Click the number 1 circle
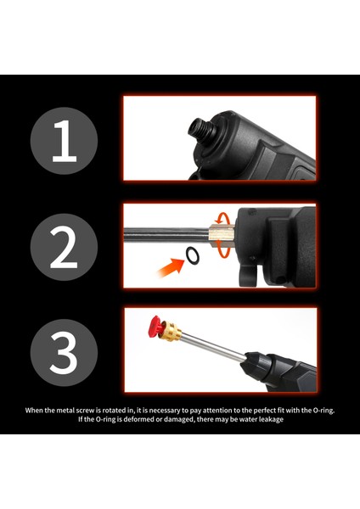[64, 141]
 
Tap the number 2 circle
[64, 247]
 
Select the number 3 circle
[64, 353]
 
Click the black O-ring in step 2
[193, 255]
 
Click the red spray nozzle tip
[155, 327]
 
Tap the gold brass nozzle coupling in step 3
[171, 331]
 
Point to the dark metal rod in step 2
[166, 234]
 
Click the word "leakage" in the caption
[271, 419]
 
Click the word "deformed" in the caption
[137, 419]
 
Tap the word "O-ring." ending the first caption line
[323, 411]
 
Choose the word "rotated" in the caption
[115, 410]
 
